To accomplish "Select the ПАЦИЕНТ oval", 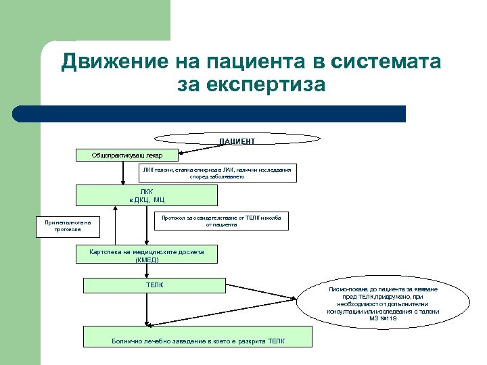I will [x=237, y=139].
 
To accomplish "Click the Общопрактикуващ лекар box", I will [x=126, y=155].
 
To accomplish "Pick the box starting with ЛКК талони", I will [x=217, y=174].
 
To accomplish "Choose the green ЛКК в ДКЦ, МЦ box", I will [x=147, y=195].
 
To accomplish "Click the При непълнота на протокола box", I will [x=68, y=226].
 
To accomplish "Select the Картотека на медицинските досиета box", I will [x=146, y=254].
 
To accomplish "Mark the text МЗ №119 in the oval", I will [x=383, y=318].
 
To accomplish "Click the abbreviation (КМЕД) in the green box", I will [x=146, y=259].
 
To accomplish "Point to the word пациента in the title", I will [x=257, y=62].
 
